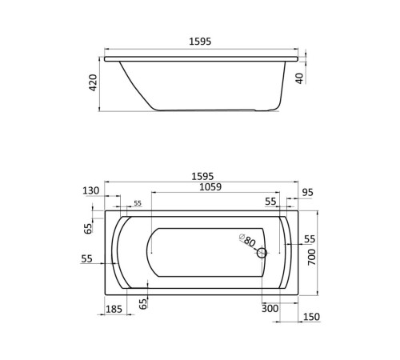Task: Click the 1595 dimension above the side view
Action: (x=200, y=42)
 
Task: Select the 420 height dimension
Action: (x=93, y=83)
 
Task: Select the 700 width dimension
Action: (x=312, y=258)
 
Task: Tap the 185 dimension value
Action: (x=114, y=309)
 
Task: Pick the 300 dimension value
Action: (x=270, y=309)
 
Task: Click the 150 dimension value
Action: (x=310, y=317)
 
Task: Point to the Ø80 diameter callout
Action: (x=246, y=240)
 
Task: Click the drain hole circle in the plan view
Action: (x=261, y=254)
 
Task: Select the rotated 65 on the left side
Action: (x=89, y=229)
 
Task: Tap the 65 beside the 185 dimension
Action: (x=142, y=303)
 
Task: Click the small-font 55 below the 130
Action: (x=137, y=204)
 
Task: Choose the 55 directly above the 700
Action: (x=310, y=239)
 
